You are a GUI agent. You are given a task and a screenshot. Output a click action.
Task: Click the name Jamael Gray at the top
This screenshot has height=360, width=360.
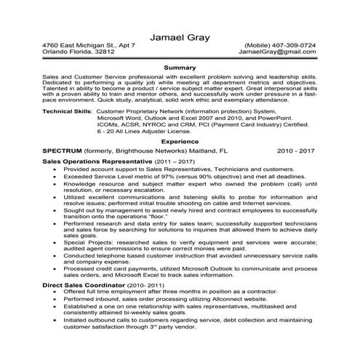180,37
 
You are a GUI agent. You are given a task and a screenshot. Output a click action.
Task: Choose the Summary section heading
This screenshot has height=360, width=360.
180,67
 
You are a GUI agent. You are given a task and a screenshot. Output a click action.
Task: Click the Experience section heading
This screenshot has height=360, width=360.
180,142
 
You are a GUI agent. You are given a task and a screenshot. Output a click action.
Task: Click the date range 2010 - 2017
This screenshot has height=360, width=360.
296,151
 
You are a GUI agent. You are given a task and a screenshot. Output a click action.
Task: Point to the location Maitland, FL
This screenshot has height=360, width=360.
203,151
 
